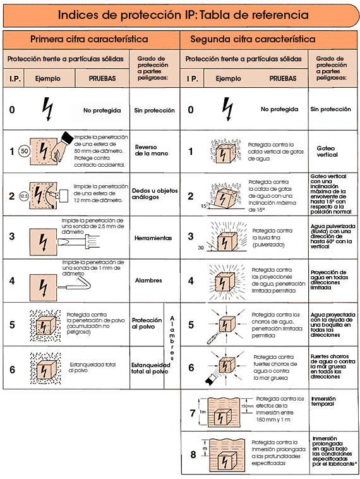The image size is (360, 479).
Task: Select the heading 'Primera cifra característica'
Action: point(89,39)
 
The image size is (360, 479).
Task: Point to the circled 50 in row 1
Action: point(24,152)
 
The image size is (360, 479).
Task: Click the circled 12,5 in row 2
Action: point(23,196)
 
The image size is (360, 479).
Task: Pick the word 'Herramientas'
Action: point(153,238)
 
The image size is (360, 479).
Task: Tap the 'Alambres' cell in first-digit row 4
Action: point(148,280)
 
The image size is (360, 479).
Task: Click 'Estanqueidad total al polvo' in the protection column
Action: point(150,368)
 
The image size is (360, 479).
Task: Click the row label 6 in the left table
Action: point(12,368)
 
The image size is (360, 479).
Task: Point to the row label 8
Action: point(193,454)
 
